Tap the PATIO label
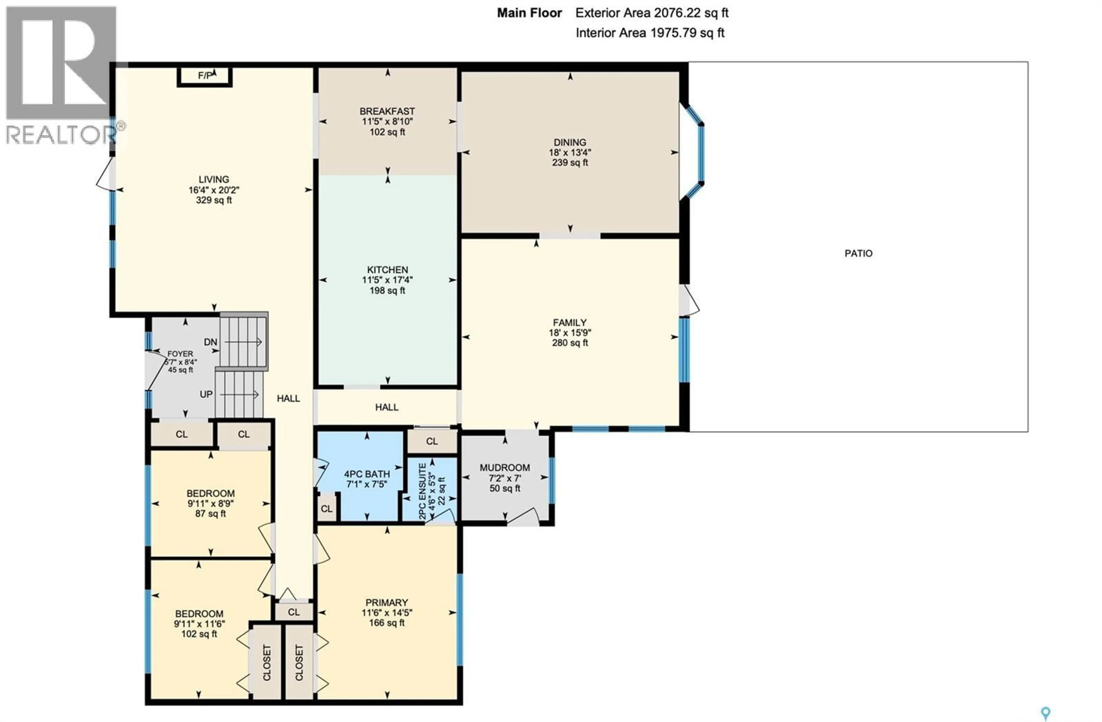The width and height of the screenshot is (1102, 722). click(x=858, y=253)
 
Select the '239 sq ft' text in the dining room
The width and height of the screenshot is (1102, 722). click(x=570, y=162)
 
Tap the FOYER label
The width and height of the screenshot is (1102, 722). click(x=180, y=353)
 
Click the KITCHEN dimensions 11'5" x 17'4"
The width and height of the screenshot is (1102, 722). click(x=387, y=280)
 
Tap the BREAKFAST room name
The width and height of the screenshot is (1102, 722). click(x=387, y=111)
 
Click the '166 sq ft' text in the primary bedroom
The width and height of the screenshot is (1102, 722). click(x=387, y=623)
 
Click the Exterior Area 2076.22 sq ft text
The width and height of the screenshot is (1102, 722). click(x=651, y=13)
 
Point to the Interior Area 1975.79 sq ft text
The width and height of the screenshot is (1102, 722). click(x=650, y=33)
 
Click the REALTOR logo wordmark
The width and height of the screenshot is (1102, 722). click(x=60, y=135)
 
